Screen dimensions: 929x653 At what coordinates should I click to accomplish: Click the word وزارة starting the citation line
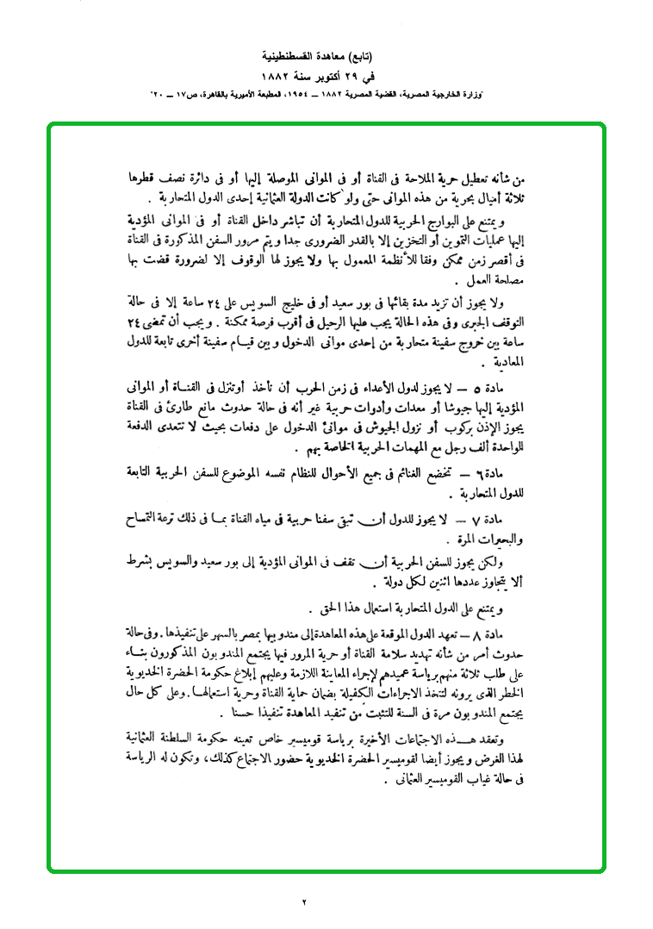pos(494,91)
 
